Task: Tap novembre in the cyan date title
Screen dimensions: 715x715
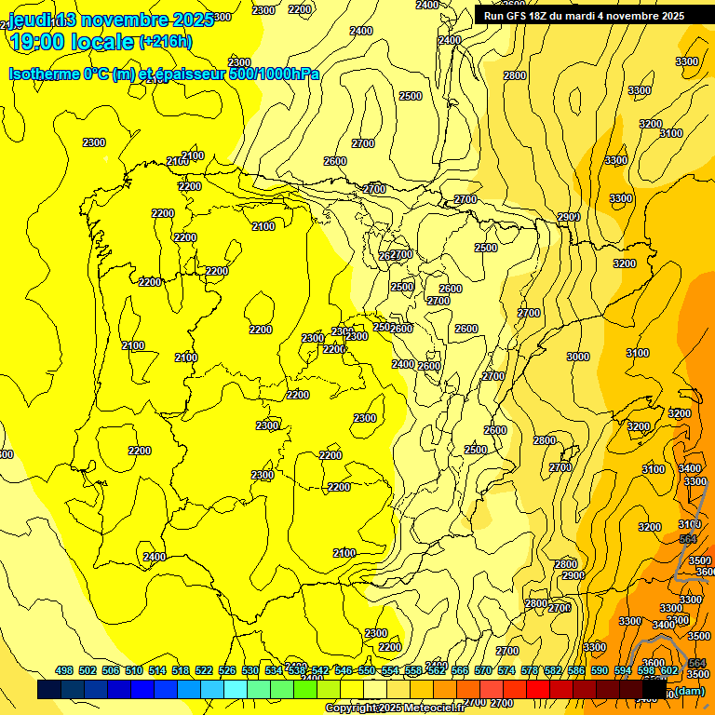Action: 125,20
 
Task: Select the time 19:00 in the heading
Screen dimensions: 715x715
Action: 41,41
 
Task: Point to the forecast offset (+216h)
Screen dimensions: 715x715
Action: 165,41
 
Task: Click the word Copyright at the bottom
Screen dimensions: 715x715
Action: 350,708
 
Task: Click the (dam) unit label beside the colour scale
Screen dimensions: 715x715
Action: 689,691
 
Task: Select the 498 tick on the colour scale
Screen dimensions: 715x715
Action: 64,671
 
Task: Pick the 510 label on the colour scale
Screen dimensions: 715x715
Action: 134,671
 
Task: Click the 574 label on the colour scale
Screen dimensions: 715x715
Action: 506,671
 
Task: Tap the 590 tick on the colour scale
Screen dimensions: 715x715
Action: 600,671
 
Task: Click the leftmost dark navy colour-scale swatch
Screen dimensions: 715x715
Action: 49,690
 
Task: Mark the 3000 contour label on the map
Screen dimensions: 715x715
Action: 577,357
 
